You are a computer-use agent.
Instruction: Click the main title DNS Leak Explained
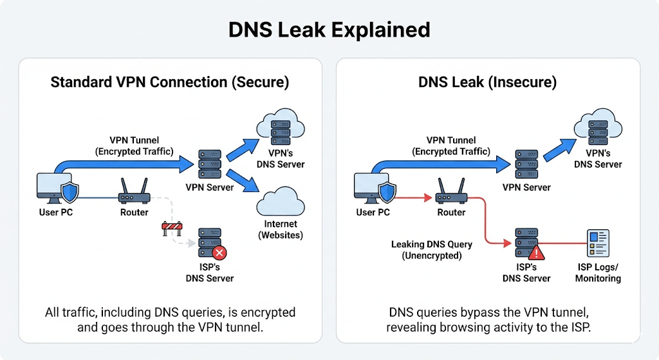point(329,30)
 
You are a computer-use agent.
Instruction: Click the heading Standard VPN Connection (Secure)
point(170,82)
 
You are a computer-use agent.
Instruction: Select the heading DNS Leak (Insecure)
point(487,82)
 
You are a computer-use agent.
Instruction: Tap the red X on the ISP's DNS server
point(220,252)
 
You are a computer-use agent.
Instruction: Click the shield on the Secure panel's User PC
point(69,191)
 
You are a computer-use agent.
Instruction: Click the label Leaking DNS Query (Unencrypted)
point(431,250)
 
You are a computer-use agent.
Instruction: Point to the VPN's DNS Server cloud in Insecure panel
point(598,126)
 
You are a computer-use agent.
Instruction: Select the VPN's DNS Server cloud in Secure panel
point(281,126)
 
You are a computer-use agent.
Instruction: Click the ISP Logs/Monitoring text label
point(598,273)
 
